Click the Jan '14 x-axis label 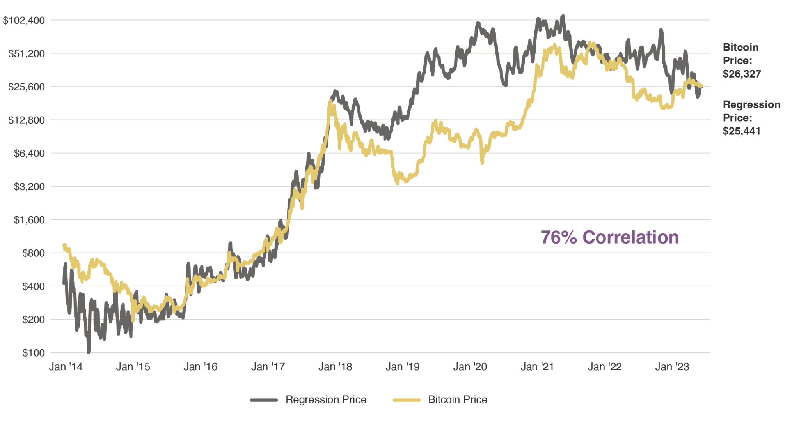(65, 367)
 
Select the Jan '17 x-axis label (268, 367)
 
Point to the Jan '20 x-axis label (470, 367)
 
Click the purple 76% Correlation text (609, 237)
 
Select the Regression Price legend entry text (326, 400)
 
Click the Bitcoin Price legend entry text (458, 400)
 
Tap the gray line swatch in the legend (264, 400)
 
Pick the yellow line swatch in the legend (407, 400)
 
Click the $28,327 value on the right (742, 74)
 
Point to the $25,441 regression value (742, 131)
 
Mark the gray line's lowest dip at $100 (89, 352)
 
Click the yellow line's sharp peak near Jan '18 (330, 101)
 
